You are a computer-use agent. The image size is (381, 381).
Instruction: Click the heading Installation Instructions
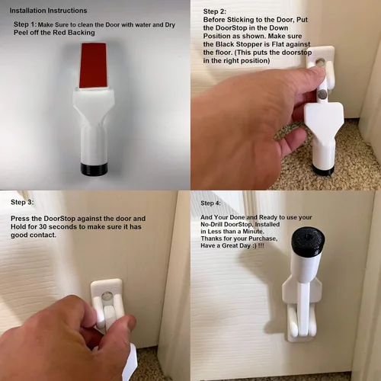(48, 11)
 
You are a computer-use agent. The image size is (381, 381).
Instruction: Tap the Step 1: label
(25, 24)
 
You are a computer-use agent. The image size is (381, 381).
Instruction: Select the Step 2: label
(215, 11)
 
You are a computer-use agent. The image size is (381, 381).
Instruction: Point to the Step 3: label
(22, 202)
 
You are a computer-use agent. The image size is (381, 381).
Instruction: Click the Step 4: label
(210, 203)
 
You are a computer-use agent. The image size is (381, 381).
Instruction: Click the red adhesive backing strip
(93, 66)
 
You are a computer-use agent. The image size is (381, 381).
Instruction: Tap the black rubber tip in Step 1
(94, 169)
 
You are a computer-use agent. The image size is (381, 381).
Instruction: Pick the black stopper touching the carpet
(322, 170)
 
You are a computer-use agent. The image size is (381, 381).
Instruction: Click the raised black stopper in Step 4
(308, 239)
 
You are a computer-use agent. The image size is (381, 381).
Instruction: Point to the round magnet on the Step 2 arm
(322, 94)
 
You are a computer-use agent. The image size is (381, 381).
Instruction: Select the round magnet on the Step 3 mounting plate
(107, 296)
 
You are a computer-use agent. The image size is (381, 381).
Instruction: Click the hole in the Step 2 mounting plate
(321, 62)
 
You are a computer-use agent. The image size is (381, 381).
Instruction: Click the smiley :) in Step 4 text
(254, 246)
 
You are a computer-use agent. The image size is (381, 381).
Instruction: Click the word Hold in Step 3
(18, 227)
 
